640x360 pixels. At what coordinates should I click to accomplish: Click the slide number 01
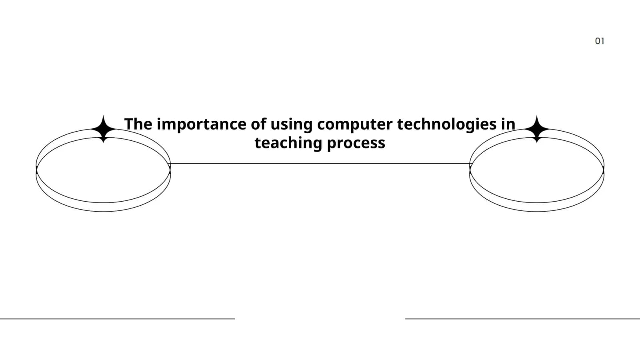click(600, 41)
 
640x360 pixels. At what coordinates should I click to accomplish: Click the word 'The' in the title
click(138, 124)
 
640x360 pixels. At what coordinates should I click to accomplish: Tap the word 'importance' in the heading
click(202, 125)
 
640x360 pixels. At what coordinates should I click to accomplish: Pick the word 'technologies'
click(447, 125)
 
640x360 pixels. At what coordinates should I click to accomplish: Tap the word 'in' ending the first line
click(508, 124)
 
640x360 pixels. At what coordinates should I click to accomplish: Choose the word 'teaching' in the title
click(288, 143)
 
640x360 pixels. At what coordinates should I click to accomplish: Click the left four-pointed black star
click(104, 129)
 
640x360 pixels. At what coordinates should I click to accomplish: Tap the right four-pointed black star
click(537, 129)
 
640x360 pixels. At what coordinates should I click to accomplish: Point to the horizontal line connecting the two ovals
click(320, 164)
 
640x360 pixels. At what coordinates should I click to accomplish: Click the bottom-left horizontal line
click(118, 318)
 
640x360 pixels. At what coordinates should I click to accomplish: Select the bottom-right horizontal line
click(522, 318)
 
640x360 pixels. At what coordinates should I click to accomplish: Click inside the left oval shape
click(104, 170)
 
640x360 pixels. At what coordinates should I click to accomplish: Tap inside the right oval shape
click(537, 170)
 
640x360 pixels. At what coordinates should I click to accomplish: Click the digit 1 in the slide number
click(602, 41)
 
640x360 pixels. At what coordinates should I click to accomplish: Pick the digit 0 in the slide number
click(598, 41)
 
